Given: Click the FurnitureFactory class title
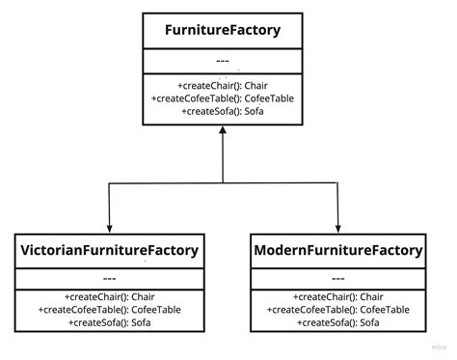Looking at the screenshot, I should (x=222, y=30).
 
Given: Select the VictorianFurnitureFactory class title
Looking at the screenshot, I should (x=109, y=251).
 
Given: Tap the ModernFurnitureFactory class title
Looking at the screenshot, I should (x=337, y=251).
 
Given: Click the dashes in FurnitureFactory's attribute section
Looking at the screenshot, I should (x=222, y=61).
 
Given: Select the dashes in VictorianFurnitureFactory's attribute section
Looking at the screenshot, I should (x=109, y=276).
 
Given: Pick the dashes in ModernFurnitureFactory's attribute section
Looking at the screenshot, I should (x=337, y=276).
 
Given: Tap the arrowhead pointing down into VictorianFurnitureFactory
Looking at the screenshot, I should (x=109, y=226).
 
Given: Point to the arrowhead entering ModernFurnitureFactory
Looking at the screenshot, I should (x=337, y=226).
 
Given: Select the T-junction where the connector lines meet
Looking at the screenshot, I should (x=223, y=183).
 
